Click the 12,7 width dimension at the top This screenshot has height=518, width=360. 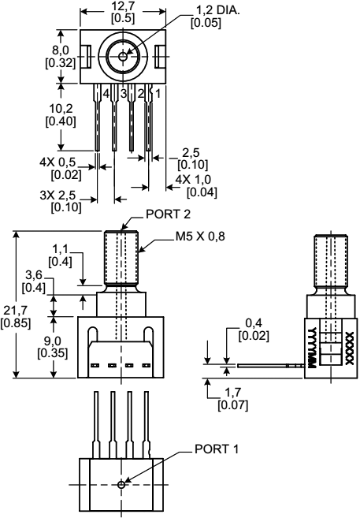pyautogui.click(x=122, y=12)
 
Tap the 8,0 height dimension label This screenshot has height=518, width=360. pyautogui.click(x=62, y=56)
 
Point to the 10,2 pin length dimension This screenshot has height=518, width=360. pyautogui.click(x=62, y=116)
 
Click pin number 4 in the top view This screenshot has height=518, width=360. pyautogui.click(x=106, y=93)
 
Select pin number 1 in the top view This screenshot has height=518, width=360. pyautogui.click(x=158, y=93)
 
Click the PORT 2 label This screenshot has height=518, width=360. pyautogui.click(x=169, y=214)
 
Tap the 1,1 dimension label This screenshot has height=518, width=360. pyautogui.click(x=64, y=254)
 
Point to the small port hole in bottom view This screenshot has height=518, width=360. pyautogui.click(x=120, y=484)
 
